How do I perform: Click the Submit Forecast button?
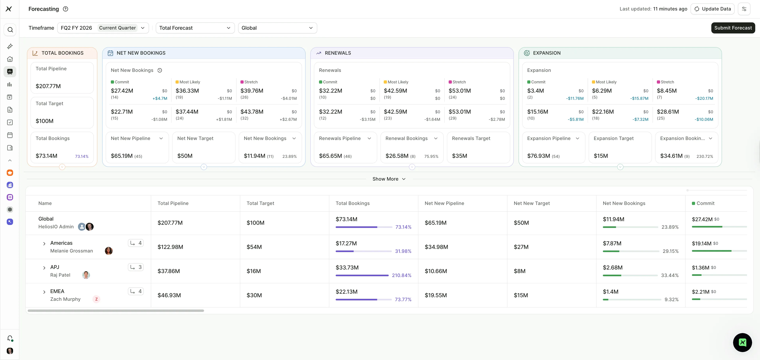733,28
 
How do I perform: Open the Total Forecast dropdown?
195,28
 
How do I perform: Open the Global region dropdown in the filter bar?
277,28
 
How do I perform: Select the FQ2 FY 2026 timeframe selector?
103,28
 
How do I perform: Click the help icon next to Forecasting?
66,9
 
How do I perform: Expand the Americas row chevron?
44,243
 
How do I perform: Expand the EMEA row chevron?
44,292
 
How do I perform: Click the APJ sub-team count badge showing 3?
136,267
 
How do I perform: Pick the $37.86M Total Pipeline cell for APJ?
168,271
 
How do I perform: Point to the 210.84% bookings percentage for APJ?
402,275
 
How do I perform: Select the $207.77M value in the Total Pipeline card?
48,86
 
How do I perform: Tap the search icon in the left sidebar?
10,30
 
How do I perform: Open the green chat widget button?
742,342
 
